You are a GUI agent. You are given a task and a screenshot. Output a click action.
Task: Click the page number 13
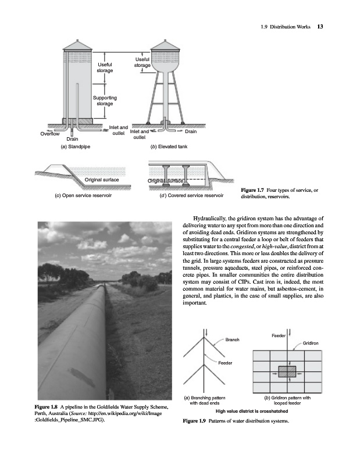[x=320, y=26]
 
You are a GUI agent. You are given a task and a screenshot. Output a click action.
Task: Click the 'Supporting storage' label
[x=105, y=101]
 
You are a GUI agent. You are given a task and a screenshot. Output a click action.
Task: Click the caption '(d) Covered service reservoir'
[x=191, y=196]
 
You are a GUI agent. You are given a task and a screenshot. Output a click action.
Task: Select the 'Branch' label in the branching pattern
[x=231, y=339]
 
